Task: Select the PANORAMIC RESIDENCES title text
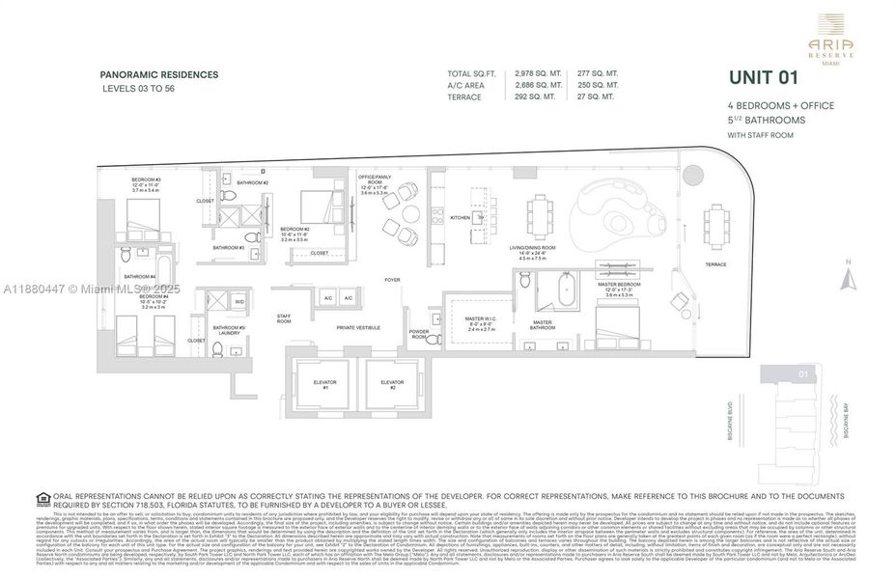(x=159, y=74)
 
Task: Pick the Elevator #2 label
(x=392, y=384)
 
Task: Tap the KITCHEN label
(x=461, y=218)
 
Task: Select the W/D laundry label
(x=239, y=302)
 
